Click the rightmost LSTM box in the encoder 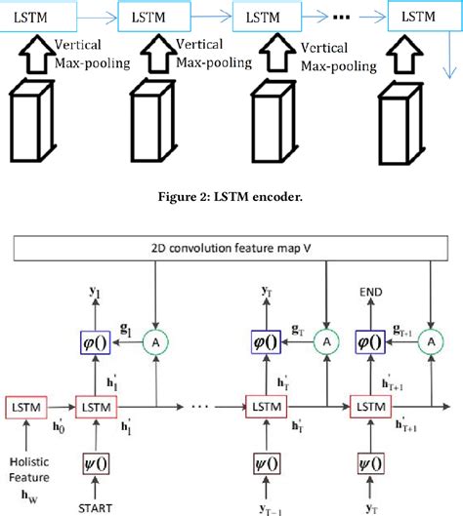click(x=419, y=18)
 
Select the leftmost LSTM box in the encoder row click(x=35, y=18)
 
